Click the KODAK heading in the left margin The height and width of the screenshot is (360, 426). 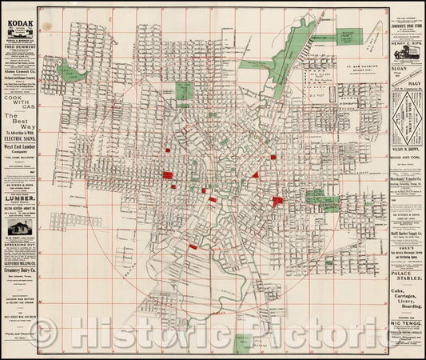21,24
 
